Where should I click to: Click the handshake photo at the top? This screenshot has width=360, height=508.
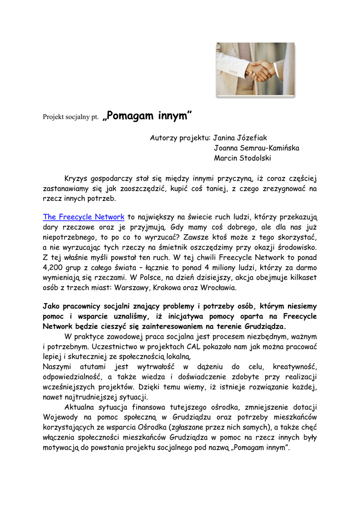(x=255, y=69)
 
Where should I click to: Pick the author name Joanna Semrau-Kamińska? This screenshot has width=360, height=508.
(x=256, y=148)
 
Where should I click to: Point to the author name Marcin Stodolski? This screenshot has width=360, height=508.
(x=243, y=158)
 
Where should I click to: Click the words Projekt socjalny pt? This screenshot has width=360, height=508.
(x=71, y=119)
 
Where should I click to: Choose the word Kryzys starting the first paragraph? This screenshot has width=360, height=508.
(x=76, y=179)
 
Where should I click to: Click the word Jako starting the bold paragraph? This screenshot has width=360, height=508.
(x=52, y=307)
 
